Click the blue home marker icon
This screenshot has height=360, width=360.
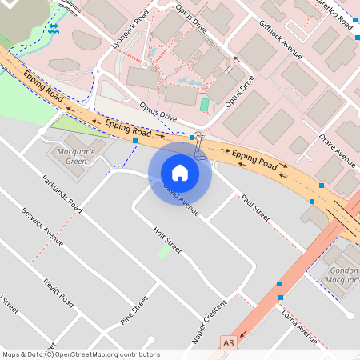(180, 172)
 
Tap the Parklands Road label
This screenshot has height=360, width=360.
(62, 194)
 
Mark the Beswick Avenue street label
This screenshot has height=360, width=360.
(42, 226)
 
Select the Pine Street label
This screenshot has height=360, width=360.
(134, 311)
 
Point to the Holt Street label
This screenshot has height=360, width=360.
(167, 240)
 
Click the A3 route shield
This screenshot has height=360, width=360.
(229, 342)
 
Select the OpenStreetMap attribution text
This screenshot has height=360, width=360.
(81, 354)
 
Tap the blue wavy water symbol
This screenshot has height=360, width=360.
(54, 28)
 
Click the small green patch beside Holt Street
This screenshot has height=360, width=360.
(164, 252)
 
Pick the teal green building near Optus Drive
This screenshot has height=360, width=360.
(204, 105)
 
